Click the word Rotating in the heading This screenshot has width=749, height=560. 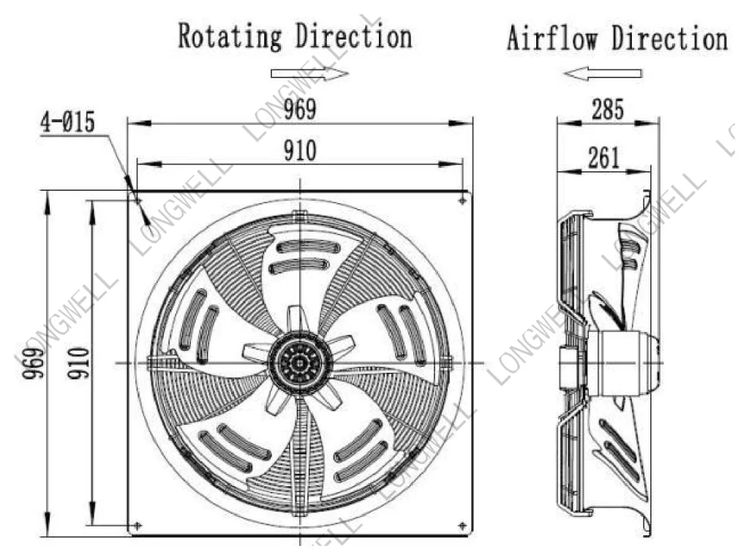[x=230, y=37]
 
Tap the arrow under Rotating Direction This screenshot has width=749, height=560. [x=310, y=74]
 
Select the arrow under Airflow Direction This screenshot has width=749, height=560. [x=603, y=74]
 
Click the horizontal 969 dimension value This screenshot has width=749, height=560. [x=300, y=109]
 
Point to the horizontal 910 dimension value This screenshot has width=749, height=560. [x=300, y=151]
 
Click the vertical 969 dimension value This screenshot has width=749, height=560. [x=32, y=363]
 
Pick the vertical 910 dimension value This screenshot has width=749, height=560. [x=78, y=363]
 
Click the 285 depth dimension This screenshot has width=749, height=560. [x=608, y=109]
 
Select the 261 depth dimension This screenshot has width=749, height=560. [x=603, y=157]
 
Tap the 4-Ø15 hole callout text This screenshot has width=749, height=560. [x=67, y=121]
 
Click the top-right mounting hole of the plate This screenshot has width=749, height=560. [x=462, y=201]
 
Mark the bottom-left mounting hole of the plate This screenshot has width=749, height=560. [x=138, y=526]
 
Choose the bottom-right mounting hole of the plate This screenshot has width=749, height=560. [x=462, y=526]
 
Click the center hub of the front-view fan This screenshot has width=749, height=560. [x=299, y=363]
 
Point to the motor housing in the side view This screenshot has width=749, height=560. [x=623, y=363]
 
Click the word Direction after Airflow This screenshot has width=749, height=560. [x=671, y=38]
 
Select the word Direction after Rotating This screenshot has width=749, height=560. [x=353, y=37]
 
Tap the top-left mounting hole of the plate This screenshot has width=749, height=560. [x=138, y=201]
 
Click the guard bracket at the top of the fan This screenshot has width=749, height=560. [x=299, y=216]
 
